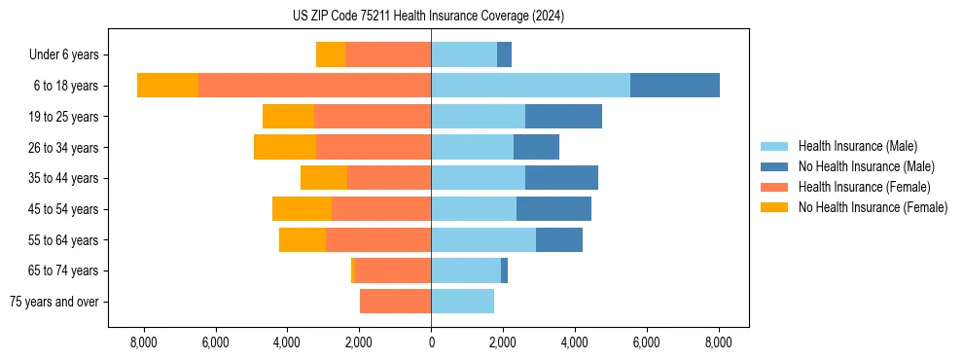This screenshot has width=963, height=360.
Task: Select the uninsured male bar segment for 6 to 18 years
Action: [675, 86]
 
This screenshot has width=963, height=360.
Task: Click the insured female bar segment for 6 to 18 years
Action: [314, 86]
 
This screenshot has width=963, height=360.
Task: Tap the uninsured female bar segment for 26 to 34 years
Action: [285, 147]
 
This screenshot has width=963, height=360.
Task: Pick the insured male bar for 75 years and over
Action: [462, 302]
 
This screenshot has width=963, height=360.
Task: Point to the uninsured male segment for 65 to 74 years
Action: [504, 270]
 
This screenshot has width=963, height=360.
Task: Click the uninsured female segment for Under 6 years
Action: [331, 54]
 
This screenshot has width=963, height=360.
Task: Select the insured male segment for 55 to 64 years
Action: [483, 240]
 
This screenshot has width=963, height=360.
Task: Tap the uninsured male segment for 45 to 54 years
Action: [553, 209]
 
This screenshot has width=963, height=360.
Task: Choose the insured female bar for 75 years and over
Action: [395, 302]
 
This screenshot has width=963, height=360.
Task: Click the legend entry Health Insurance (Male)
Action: [857, 146]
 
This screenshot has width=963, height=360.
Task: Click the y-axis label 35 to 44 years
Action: [64, 178]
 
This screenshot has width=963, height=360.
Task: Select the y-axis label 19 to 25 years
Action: [64, 117]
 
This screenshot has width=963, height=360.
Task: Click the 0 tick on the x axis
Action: [431, 342]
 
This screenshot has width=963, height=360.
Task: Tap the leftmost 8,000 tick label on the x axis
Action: [143, 342]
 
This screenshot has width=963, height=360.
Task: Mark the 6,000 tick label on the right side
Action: [647, 342]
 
